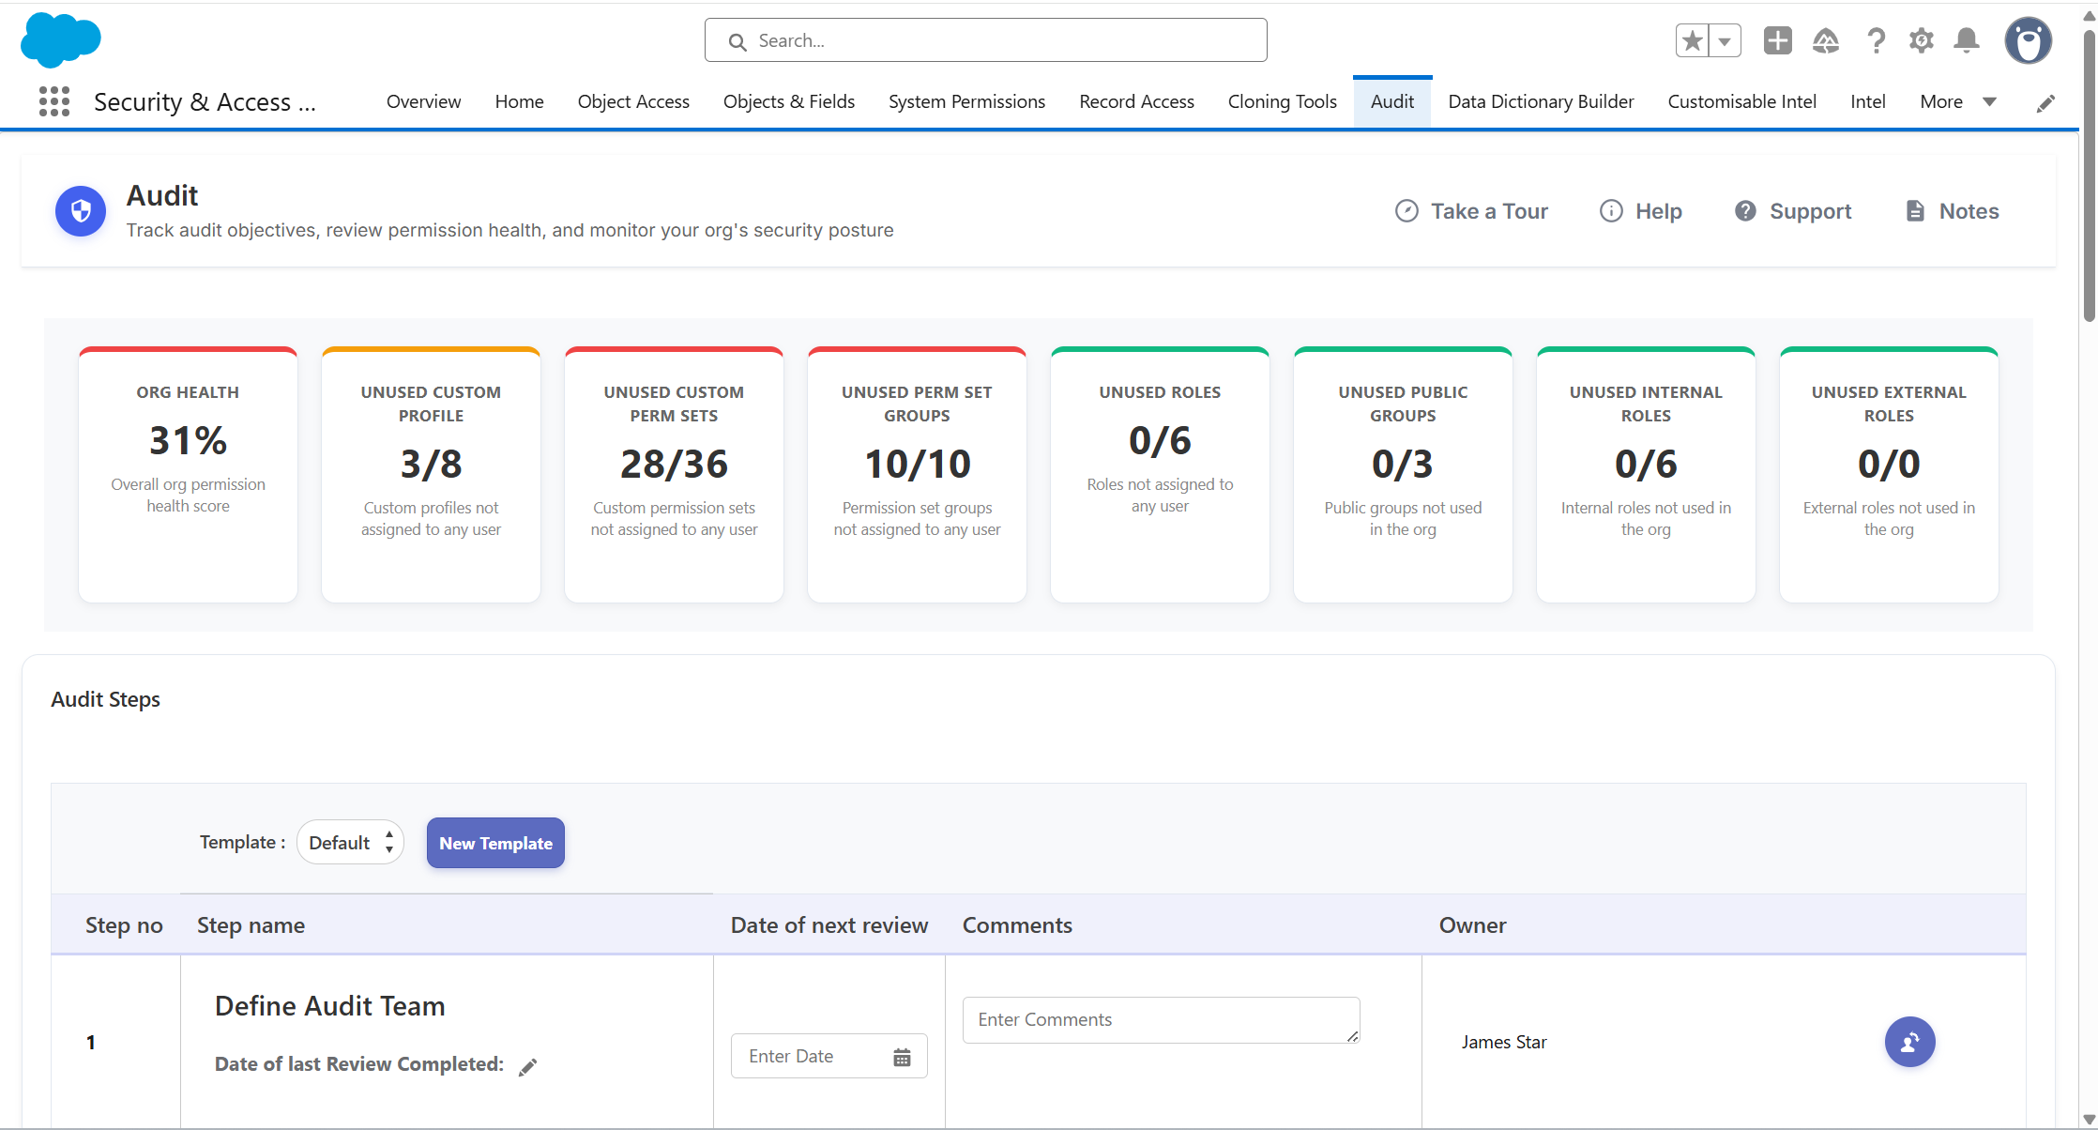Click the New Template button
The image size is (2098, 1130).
[495, 843]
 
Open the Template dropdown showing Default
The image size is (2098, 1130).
[350, 843]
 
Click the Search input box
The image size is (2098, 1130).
[985, 40]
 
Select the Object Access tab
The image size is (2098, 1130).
[633, 101]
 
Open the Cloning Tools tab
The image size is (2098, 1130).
[1282, 101]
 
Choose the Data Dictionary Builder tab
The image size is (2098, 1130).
[1541, 101]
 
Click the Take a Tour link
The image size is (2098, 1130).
[1471, 211]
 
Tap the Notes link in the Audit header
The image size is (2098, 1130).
[1952, 211]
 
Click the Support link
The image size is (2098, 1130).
[1793, 211]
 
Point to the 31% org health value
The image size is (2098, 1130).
[188, 440]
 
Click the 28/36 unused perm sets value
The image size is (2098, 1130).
[674, 464]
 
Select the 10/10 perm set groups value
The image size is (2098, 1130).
[917, 464]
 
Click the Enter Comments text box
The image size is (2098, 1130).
[1161, 1020]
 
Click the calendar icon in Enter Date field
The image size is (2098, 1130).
[902, 1058]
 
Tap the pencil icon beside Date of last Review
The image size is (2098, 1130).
[528, 1066]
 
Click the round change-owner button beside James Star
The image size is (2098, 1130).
[1909, 1042]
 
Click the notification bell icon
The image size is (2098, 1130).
[1967, 40]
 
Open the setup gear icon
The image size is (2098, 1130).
[1921, 40]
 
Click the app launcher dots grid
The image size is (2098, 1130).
[54, 101]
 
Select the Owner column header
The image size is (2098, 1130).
[1472, 925]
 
